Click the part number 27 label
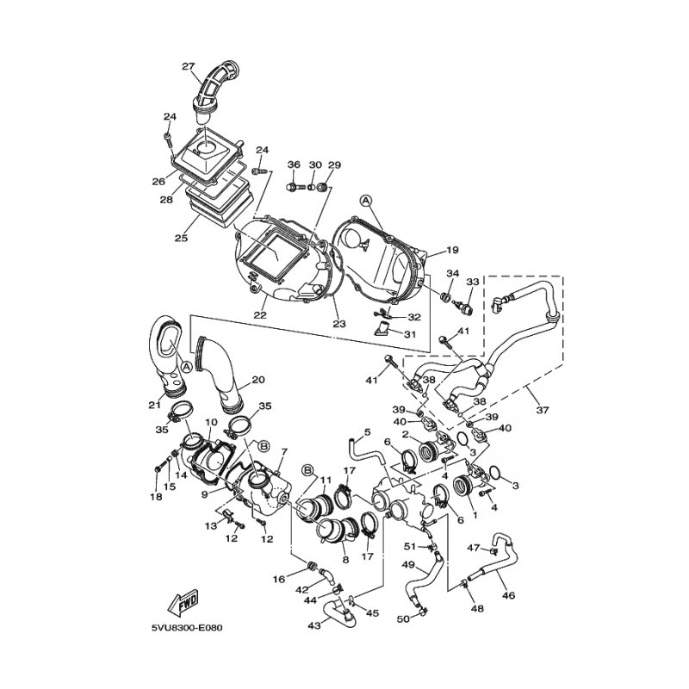tap(189, 66)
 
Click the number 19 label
tap(452, 251)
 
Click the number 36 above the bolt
tap(294, 164)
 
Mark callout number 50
tap(402, 619)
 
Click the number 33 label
tap(472, 282)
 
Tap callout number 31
tap(413, 334)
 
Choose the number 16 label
tap(278, 580)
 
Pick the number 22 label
tap(259, 315)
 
